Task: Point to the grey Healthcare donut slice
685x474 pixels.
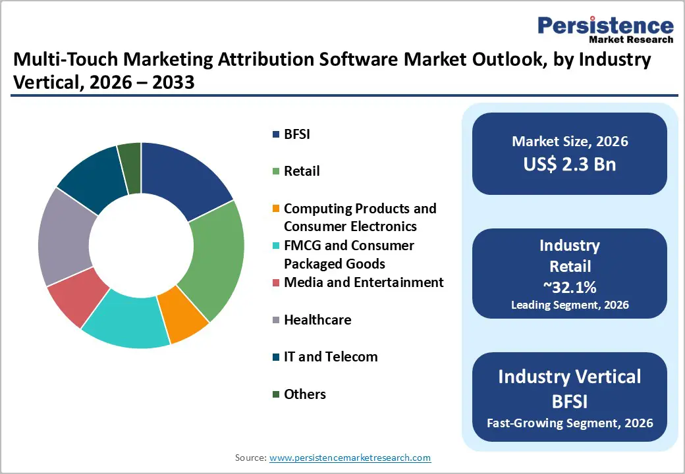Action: pyautogui.click(x=65, y=237)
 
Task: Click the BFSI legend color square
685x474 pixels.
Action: pyautogui.click(x=276, y=135)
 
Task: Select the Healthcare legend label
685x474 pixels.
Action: pyautogui.click(x=317, y=320)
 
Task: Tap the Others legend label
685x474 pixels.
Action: pyautogui.click(x=304, y=394)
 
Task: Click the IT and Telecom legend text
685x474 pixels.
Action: pyautogui.click(x=331, y=357)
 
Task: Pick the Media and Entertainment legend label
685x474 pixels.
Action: pyautogui.click(x=364, y=282)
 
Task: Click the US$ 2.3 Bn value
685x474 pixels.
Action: pyautogui.click(x=570, y=164)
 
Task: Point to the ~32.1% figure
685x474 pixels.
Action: pyautogui.click(x=570, y=286)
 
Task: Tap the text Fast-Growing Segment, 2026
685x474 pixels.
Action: pyautogui.click(x=570, y=423)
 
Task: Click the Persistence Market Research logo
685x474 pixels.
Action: pyautogui.click(x=605, y=30)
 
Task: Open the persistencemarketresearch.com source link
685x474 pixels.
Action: pyautogui.click(x=350, y=458)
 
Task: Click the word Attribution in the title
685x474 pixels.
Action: pyautogui.click(x=290, y=61)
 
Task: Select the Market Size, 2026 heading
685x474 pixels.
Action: pyautogui.click(x=570, y=141)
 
